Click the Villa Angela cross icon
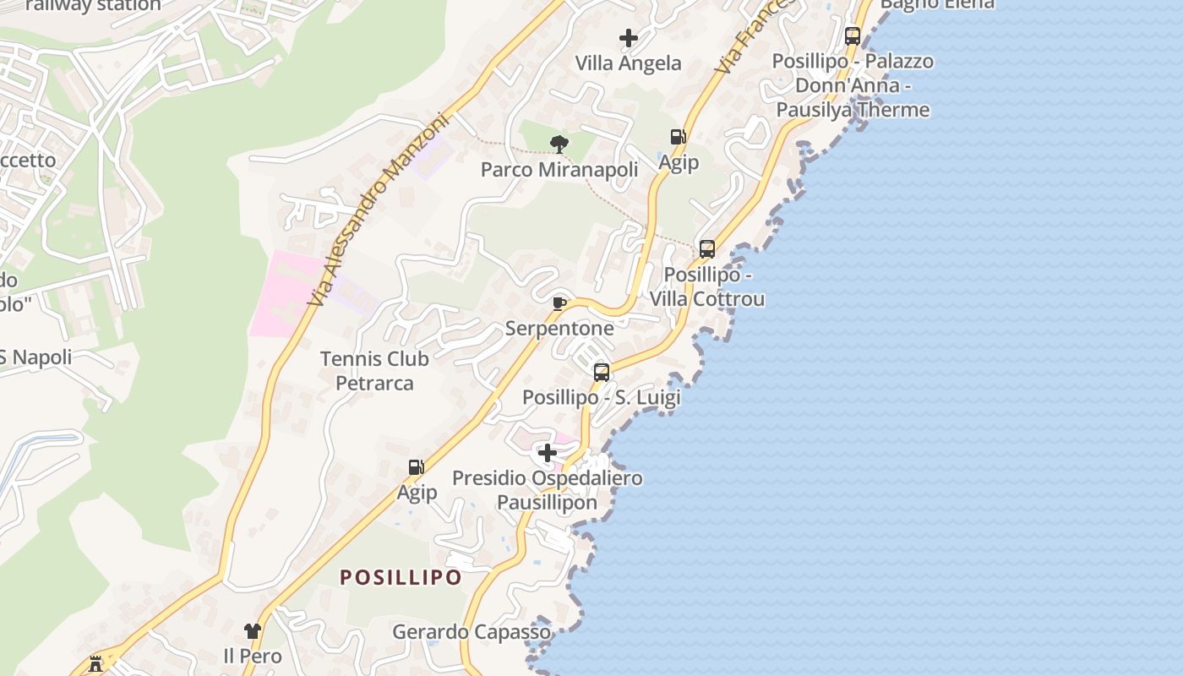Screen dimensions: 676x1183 tap(628, 38)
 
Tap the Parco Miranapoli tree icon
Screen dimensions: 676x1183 tap(559, 144)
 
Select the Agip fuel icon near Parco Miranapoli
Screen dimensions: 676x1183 tap(678, 137)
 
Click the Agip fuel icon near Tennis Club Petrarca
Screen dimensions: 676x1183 tap(416, 467)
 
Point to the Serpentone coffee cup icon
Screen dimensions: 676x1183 tap(559, 303)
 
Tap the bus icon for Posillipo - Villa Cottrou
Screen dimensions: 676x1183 tap(706, 249)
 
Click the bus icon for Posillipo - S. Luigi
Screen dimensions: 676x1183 tap(601, 372)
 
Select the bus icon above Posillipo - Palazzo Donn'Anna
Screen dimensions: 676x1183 tap(852, 36)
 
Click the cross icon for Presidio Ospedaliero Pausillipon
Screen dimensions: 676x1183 tap(548, 454)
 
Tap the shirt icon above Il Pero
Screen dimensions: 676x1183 tap(252, 630)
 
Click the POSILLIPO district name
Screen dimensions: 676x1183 tap(401, 578)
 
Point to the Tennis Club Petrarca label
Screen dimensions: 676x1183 tap(374, 371)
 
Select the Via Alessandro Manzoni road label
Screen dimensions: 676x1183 tap(377, 208)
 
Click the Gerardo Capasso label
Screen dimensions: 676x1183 tap(472, 632)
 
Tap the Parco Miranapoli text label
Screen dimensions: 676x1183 tap(559, 170)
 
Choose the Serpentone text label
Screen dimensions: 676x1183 tap(559, 329)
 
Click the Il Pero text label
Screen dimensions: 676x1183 tap(252, 656)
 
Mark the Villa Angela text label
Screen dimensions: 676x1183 tap(628, 63)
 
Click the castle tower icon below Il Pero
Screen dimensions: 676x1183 tap(95, 664)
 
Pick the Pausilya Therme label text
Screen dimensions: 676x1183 tap(852, 110)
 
